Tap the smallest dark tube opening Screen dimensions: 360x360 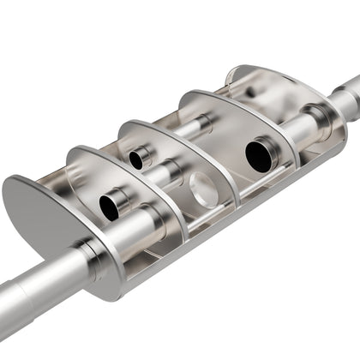tap(135, 159)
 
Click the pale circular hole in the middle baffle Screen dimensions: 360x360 tap(203, 189)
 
